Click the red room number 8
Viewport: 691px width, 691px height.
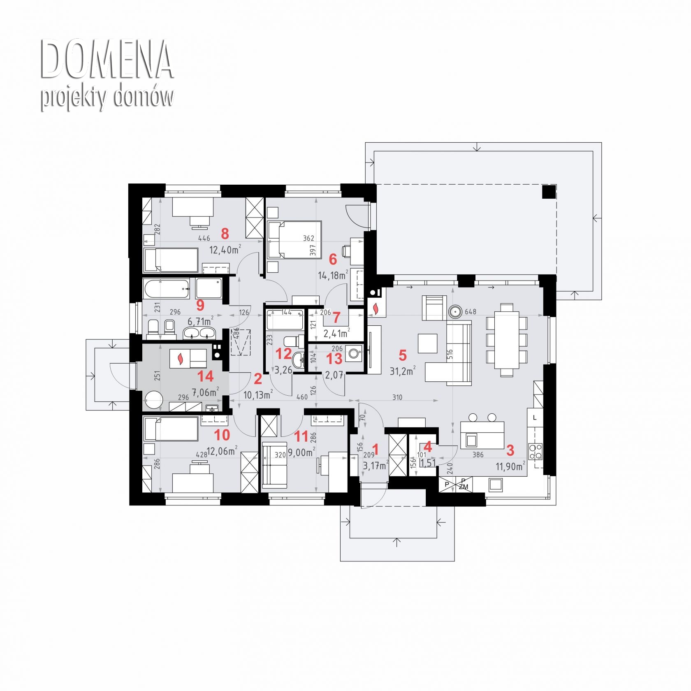(225, 234)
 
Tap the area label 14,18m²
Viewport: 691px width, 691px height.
(334, 275)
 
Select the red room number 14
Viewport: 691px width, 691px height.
(206, 376)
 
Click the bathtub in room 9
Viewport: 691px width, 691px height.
(167, 288)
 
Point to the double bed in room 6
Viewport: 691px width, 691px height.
(294, 240)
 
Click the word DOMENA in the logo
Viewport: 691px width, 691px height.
(107, 60)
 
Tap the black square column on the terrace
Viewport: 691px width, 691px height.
(549, 192)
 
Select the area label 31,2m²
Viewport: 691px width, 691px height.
(402, 371)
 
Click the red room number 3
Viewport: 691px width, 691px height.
(510, 450)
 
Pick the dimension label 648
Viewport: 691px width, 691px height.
(471, 312)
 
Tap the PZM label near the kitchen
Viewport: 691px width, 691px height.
(464, 484)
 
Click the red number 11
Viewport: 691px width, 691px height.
(301, 436)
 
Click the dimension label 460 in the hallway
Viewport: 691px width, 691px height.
(302, 397)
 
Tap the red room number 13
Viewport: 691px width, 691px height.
(334, 359)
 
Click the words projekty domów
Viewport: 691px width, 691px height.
(107, 98)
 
